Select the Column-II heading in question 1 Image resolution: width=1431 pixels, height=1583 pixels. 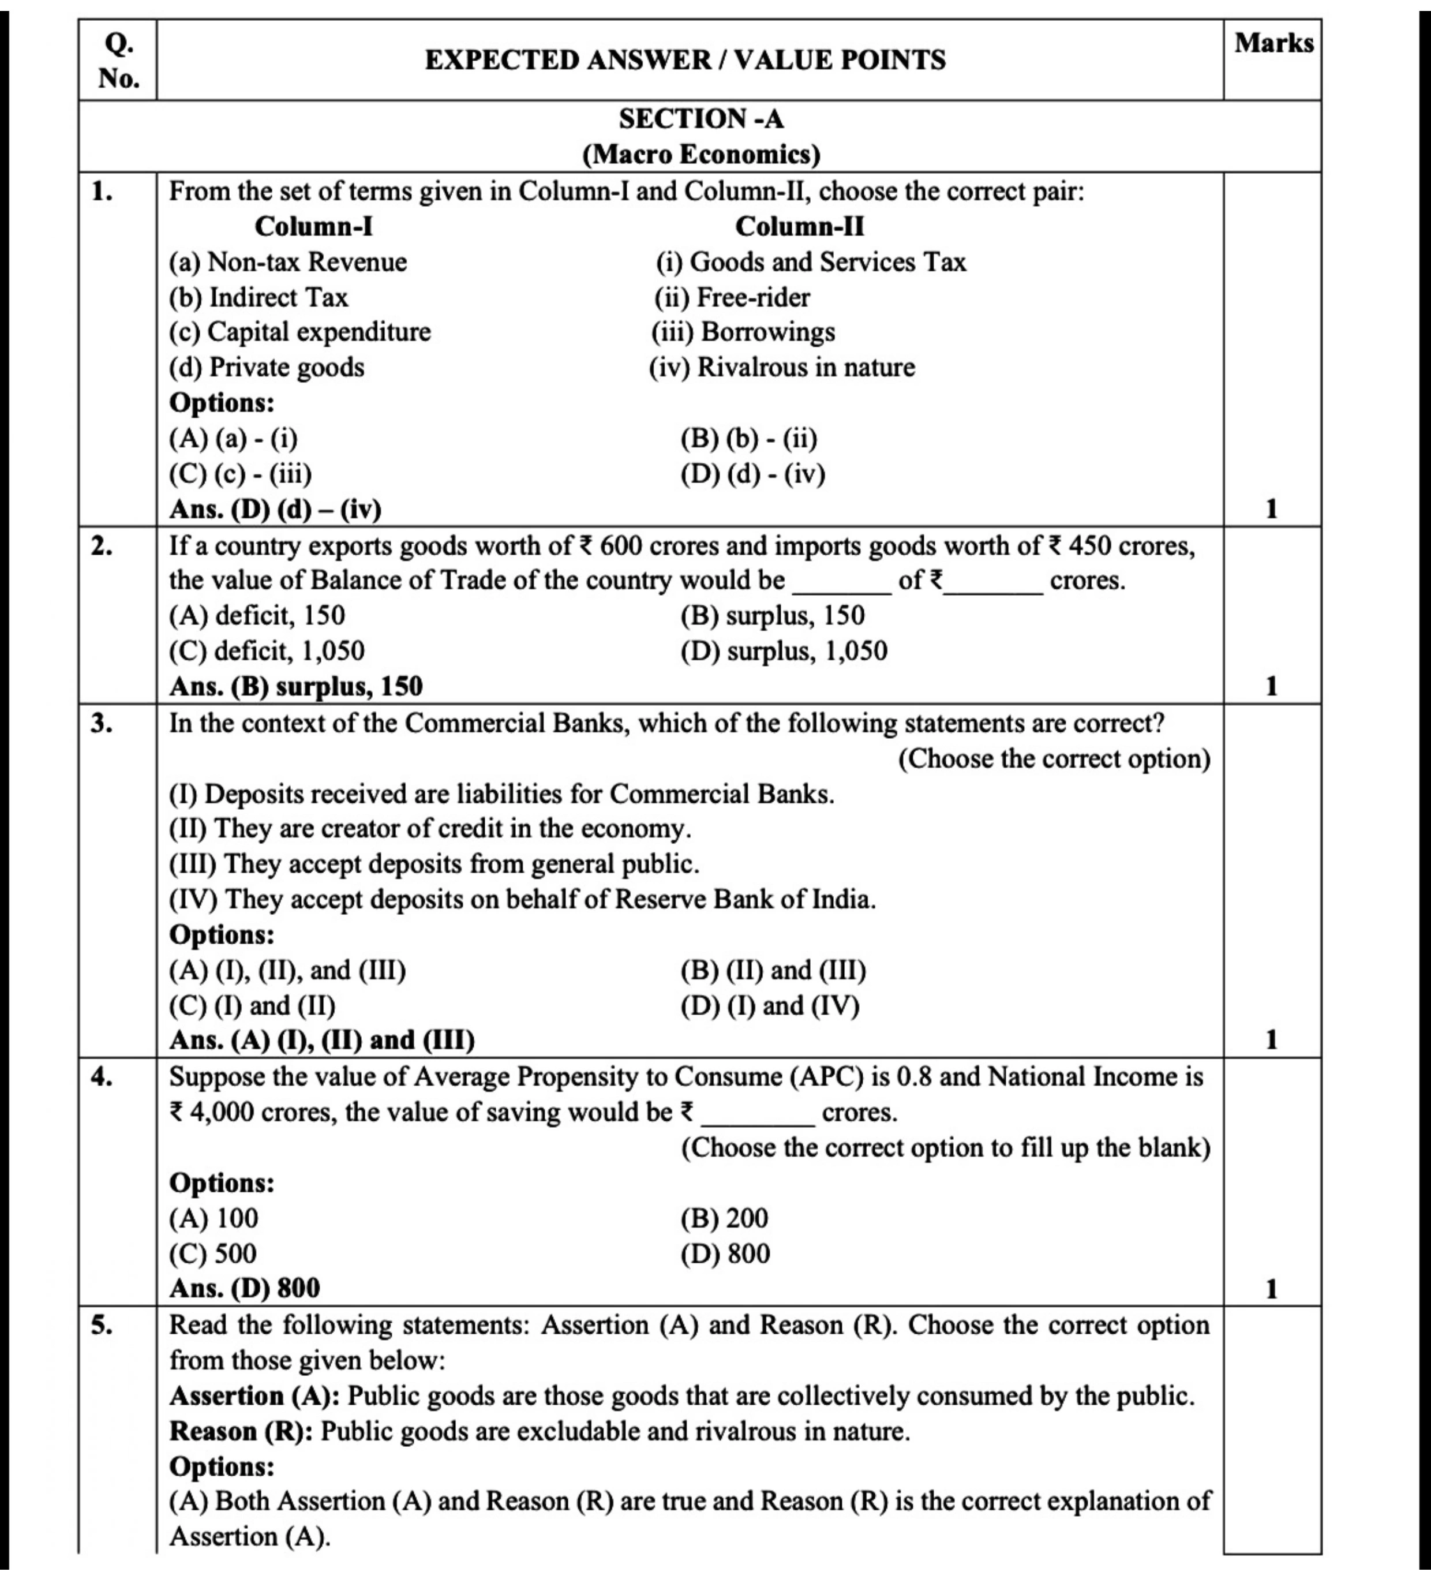point(799,227)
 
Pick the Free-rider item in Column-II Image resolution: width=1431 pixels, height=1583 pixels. point(752,298)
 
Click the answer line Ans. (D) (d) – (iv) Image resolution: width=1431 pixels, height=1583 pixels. point(275,509)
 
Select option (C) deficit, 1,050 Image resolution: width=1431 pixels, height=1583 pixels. point(267,651)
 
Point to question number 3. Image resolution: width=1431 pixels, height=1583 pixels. point(101,723)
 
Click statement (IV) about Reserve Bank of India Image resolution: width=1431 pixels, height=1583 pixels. point(522,899)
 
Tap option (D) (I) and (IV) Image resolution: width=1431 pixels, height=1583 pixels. point(769,1006)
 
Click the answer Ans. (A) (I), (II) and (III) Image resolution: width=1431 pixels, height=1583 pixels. point(322,1041)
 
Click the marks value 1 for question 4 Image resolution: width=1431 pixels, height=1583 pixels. point(1272,1289)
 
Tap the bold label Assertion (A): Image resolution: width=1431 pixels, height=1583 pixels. point(254,1396)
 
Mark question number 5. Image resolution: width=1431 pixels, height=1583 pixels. point(101,1326)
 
